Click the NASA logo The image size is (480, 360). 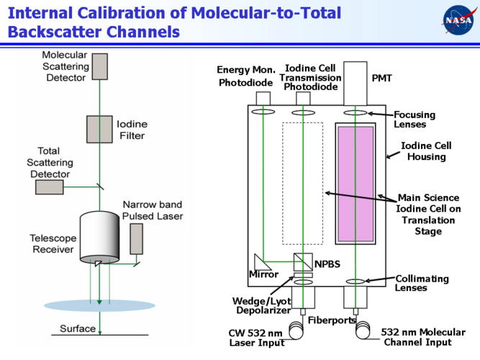(458, 20)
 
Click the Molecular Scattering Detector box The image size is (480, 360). (99, 66)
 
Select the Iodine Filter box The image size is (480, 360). (100, 129)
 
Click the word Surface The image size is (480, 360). (78, 329)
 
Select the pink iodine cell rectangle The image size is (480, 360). (355, 184)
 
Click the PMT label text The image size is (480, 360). (381, 78)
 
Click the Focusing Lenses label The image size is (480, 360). (414, 119)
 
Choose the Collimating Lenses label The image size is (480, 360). (422, 283)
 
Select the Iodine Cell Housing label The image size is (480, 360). (426, 151)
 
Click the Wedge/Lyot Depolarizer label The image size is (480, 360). (261, 305)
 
